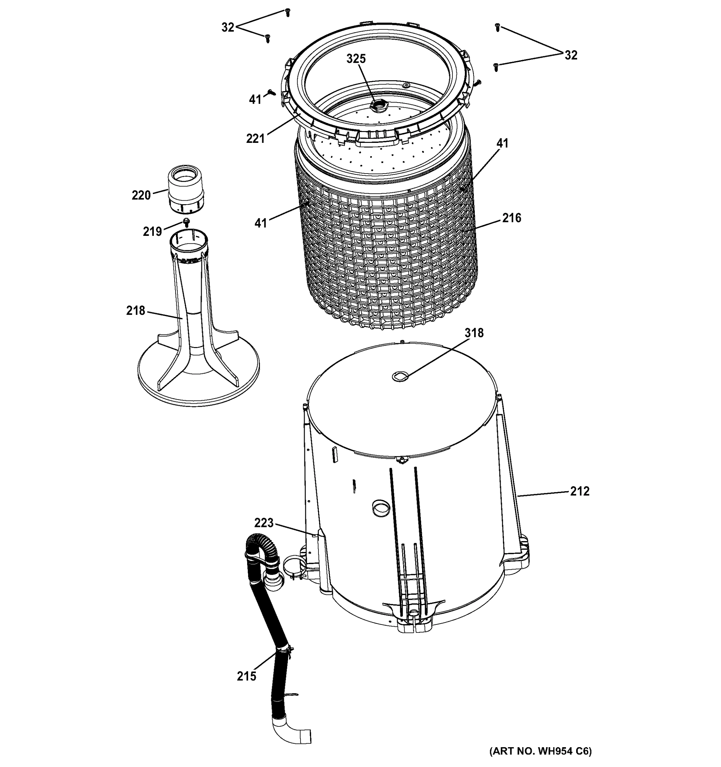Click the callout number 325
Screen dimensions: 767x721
(356, 59)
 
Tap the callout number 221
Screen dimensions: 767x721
(255, 138)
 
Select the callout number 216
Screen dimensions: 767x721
(512, 218)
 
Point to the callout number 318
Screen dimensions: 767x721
(474, 333)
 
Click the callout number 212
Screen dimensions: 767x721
(580, 491)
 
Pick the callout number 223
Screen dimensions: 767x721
(263, 523)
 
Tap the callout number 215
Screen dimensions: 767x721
(246, 676)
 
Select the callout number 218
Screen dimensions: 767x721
(136, 310)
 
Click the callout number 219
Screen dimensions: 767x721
(152, 231)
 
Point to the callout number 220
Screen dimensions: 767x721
(141, 196)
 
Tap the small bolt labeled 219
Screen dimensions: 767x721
(187, 222)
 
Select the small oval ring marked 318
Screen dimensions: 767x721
(400, 376)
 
